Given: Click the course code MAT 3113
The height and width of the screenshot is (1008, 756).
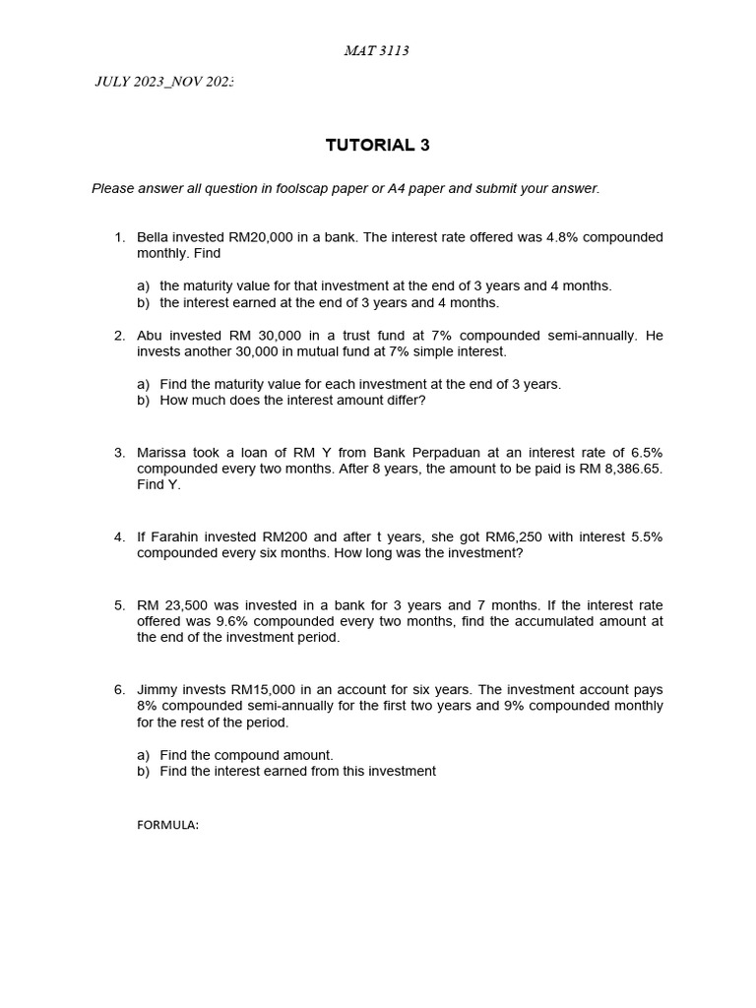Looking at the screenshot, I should (x=377, y=51).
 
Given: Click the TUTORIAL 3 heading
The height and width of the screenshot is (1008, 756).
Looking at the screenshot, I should (x=377, y=146).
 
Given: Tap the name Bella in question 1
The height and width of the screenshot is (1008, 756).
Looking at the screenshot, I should (x=155, y=237).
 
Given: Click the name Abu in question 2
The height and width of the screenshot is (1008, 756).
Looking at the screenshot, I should (x=150, y=336).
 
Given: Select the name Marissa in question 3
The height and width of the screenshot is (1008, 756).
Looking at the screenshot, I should (x=163, y=453).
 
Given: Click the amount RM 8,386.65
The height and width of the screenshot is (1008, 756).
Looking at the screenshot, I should (x=621, y=469).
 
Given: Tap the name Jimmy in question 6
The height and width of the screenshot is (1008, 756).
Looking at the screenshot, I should (x=157, y=690).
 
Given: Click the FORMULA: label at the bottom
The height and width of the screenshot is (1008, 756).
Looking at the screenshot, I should (x=167, y=826).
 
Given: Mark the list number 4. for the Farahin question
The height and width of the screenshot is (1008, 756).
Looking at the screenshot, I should (x=119, y=536).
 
